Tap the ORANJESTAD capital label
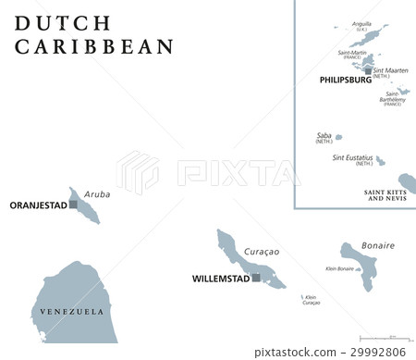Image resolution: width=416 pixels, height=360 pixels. point(36,205)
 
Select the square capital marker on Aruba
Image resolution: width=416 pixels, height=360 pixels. point(73,204)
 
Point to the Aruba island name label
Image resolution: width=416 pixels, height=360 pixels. point(97,194)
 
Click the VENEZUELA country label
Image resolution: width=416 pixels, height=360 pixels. point(73,312)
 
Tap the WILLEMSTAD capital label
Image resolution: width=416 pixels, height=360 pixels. point(220,278)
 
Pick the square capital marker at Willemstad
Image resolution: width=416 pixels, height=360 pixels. point(256,277)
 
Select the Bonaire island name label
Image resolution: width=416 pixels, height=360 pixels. point(377,245)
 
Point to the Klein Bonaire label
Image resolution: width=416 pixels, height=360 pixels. point(340,268)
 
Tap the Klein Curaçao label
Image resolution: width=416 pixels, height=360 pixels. point(311,300)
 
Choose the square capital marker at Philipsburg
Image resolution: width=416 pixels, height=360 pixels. point(368,70)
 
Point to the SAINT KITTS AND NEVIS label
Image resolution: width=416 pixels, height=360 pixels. point(386,194)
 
